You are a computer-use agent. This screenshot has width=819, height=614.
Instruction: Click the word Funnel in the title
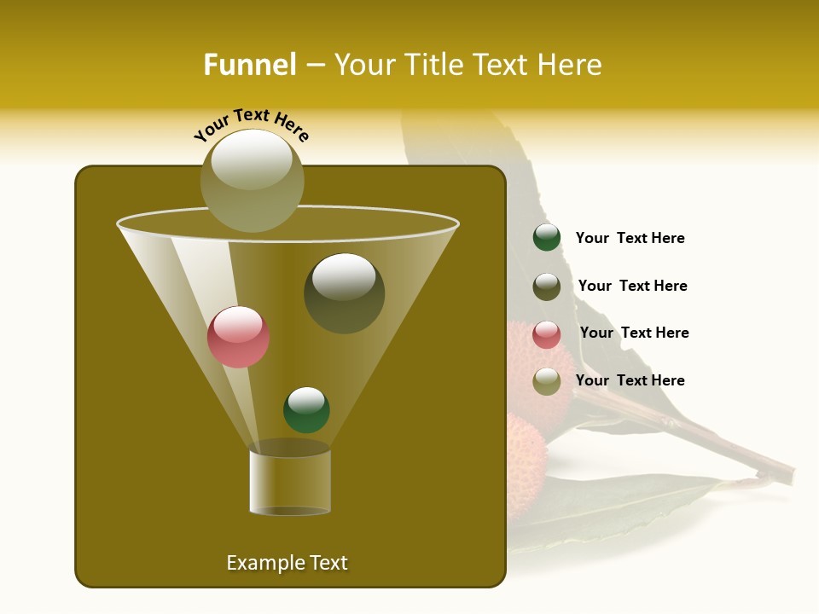click(249, 65)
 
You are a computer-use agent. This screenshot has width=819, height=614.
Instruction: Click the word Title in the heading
click(434, 65)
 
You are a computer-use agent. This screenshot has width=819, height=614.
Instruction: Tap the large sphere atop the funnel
click(253, 181)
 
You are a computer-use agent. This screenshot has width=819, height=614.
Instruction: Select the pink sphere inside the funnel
click(239, 337)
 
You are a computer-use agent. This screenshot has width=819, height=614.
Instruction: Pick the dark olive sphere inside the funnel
click(344, 293)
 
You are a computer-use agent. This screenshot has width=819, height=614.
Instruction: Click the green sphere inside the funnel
click(306, 409)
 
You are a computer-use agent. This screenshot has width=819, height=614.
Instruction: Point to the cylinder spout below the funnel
click(290, 482)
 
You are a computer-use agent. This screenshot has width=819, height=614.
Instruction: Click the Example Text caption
click(287, 563)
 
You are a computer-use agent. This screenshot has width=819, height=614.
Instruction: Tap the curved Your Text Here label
click(251, 125)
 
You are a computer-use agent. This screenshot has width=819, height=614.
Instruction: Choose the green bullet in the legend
click(547, 238)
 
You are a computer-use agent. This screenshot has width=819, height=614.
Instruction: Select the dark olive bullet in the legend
click(547, 287)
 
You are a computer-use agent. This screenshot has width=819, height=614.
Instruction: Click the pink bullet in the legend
click(547, 334)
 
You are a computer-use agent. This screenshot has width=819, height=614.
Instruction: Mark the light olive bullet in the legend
click(547, 381)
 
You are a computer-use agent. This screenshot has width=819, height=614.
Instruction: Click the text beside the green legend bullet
click(630, 239)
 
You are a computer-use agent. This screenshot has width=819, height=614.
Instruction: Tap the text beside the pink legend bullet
click(634, 333)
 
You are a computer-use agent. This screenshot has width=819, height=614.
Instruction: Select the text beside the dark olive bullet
click(632, 287)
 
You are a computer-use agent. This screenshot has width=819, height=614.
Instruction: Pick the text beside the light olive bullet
click(630, 380)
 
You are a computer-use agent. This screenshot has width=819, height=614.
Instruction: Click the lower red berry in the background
click(526, 448)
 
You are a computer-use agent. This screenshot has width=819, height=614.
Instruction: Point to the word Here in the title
click(572, 65)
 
